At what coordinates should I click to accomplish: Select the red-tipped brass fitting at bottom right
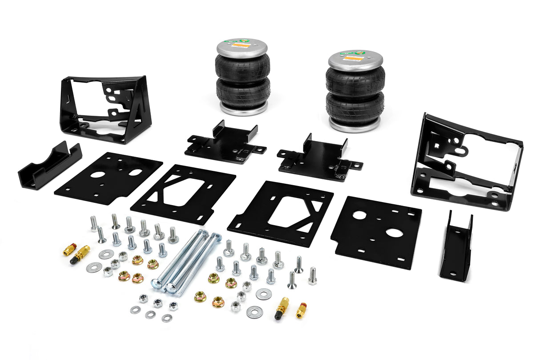pyautogui.click(x=301, y=310)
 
